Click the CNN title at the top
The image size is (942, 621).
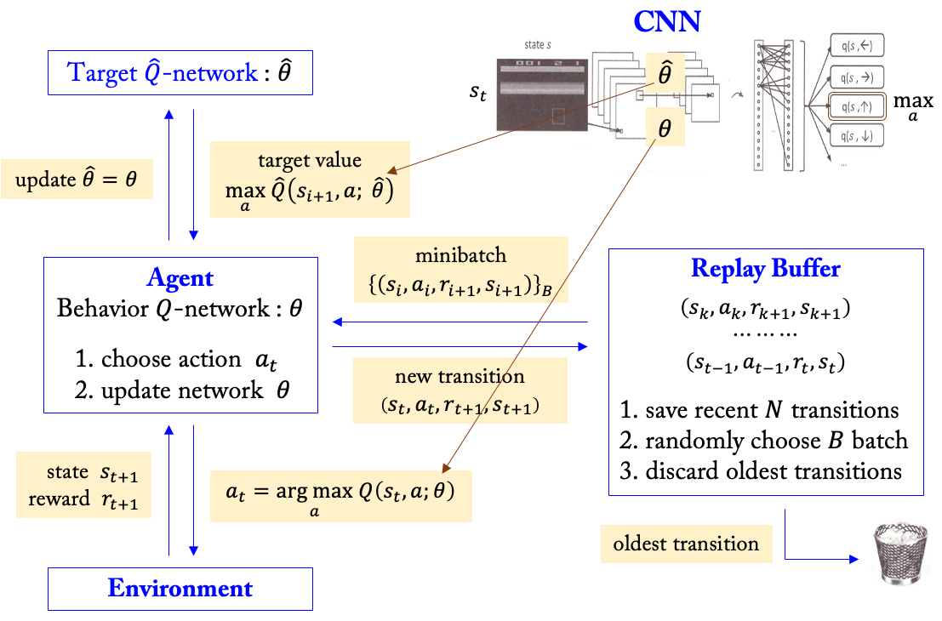(666, 21)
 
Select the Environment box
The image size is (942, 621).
(180, 588)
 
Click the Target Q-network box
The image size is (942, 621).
(180, 73)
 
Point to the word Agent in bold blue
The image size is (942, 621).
(180, 278)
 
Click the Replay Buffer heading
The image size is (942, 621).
(766, 270)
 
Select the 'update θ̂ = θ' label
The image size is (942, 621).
(77, 180)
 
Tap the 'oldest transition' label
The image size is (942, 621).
(686, 544)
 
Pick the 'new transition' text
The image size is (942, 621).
(460, 376)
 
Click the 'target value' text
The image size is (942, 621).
(309, 161)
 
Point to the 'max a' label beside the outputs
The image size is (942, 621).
(911, 108)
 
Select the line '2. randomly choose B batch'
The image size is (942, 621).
(763, 441)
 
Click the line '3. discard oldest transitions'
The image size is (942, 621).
(761, 470)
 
